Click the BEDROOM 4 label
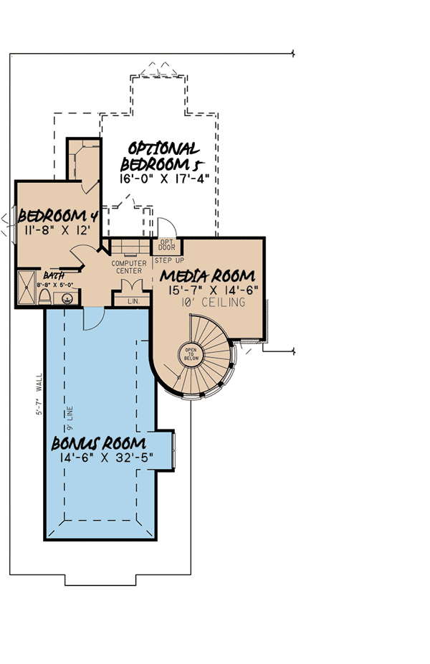pos(57,216)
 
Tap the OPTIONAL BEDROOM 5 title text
pos(164,157)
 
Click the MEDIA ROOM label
pos(207,275)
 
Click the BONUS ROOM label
pos(99,442)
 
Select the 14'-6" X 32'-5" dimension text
pos(103,459)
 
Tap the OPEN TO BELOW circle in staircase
pos(191,354)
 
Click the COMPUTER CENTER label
pos(129,267)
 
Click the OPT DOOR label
pos(167,245)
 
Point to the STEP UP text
pos(170,260)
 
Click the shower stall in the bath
pos(27,288)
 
